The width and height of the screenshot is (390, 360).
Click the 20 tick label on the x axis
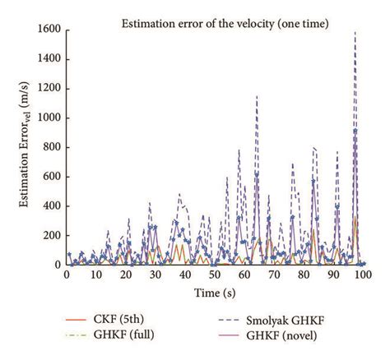tap(126, 277)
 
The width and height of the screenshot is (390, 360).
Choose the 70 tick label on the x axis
tap(275, 277)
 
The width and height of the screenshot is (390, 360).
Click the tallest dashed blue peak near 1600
tap(355, 33)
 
